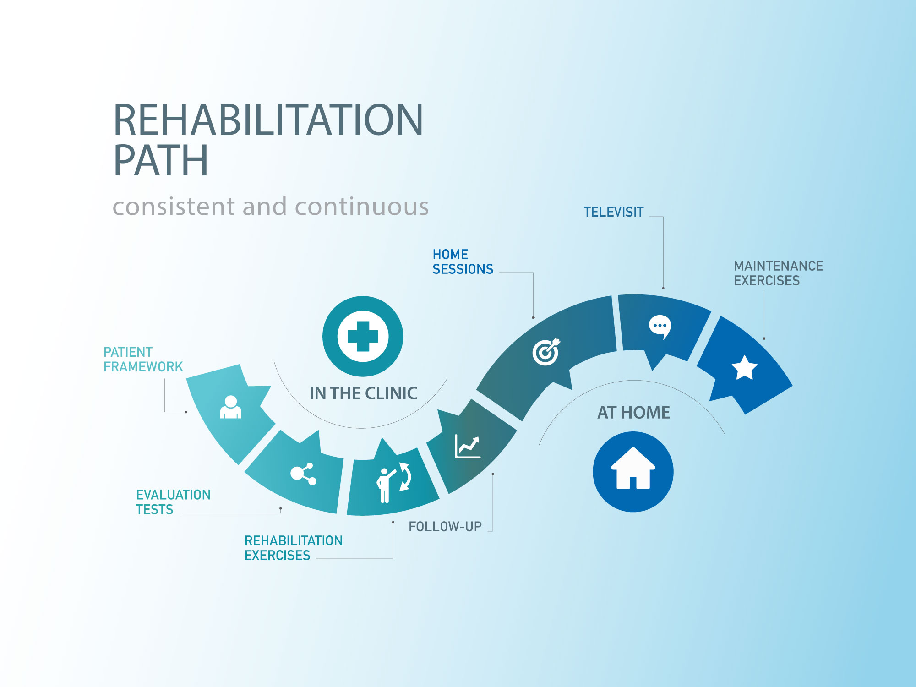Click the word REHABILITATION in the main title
click(268, 120)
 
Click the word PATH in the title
click(161, 160)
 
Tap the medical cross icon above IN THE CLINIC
click(363, 336)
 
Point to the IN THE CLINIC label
click(363, 393)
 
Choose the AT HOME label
click(633, 413)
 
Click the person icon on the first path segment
click(231, 407)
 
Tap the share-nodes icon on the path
click(303, 474)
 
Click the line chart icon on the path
click(468, 447)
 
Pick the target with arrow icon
click(546, 351)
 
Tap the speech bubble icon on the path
click(660, 327)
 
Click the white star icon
click(744, 368)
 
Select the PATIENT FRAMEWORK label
click(143, 360)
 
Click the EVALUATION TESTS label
click(173, 502)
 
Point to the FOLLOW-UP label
click(445, 527)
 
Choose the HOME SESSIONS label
click(463, 262)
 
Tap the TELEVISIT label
click(613, 212)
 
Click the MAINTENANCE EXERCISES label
click(778, 273)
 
